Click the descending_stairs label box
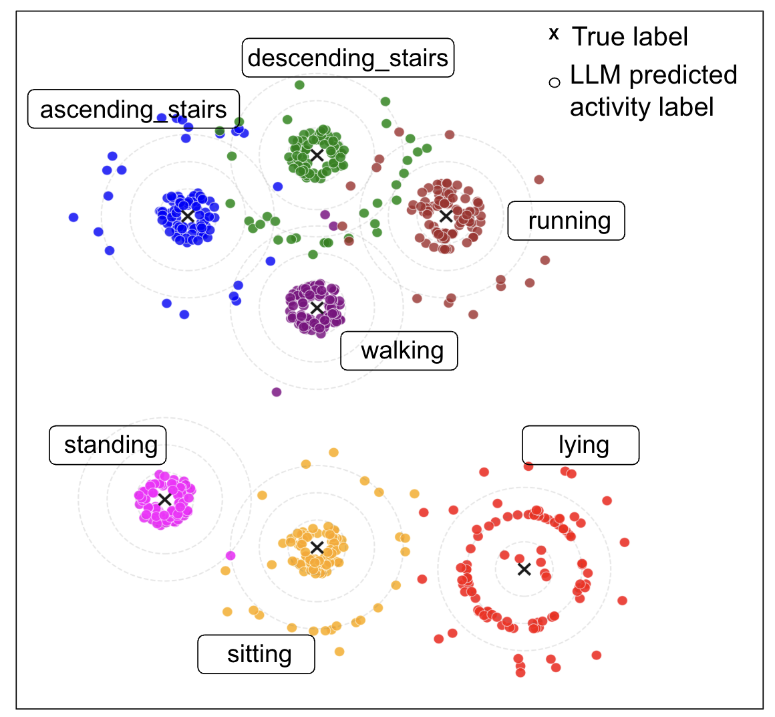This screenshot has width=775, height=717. pos(347,58)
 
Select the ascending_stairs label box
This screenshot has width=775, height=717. pos(133,109)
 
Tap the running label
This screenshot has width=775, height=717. pos(566,221)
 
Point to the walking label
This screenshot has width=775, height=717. pos(399,350)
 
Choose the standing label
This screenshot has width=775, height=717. pos(108,445)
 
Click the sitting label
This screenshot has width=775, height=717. pos(256,654)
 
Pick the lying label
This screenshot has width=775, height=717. pos(580,445)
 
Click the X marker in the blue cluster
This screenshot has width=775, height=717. pos(188,216)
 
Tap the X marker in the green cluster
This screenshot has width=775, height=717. pos(317,155)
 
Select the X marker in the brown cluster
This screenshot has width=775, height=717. pos(446,216)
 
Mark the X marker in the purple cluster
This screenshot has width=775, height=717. pos(317,308)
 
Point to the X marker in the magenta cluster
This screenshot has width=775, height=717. pos(164,500)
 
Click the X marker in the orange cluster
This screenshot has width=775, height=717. pos(317,548)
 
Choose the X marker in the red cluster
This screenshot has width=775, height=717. pos(524,569)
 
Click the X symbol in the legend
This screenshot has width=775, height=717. pos(553,34)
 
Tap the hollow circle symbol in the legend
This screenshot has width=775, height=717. pos(554,83)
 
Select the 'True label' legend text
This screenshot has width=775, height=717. pos(629,37)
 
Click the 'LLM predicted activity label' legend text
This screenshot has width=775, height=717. pos(653,91)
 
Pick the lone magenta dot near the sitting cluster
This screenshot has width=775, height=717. pos(230,555)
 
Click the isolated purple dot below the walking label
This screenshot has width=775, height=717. pos(277,392)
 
